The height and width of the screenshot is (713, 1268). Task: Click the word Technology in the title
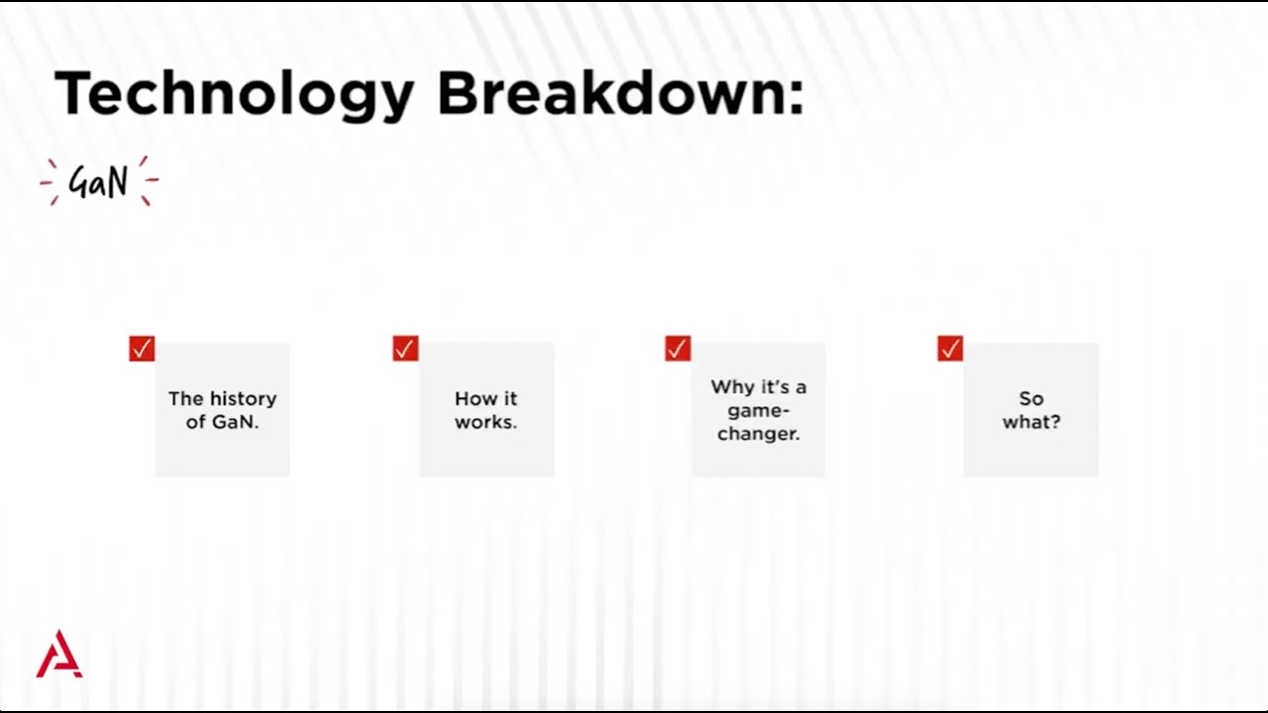pos(234,95)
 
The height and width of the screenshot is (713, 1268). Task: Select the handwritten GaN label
pos(98,182)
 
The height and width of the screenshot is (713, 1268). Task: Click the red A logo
pos(59,655)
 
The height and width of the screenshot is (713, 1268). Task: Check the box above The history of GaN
pos(142,349)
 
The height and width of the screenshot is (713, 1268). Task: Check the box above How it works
pos(405,349)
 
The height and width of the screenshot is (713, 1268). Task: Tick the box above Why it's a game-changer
pos(678,349)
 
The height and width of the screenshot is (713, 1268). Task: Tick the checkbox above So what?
pos(950,349)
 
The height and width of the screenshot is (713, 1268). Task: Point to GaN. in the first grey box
pos(236,422)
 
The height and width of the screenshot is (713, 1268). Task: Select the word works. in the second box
pos(485,422)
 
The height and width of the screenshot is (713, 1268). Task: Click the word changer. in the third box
pos(759,434)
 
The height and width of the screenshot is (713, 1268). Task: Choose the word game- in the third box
pos(759,410)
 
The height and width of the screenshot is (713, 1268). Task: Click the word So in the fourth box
pos(1031,399)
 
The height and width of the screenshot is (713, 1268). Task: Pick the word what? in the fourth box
pos(1031,422)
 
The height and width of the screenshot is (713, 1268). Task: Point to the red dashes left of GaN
pos(51,181)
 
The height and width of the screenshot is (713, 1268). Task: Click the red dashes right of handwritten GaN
pos(148,181)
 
